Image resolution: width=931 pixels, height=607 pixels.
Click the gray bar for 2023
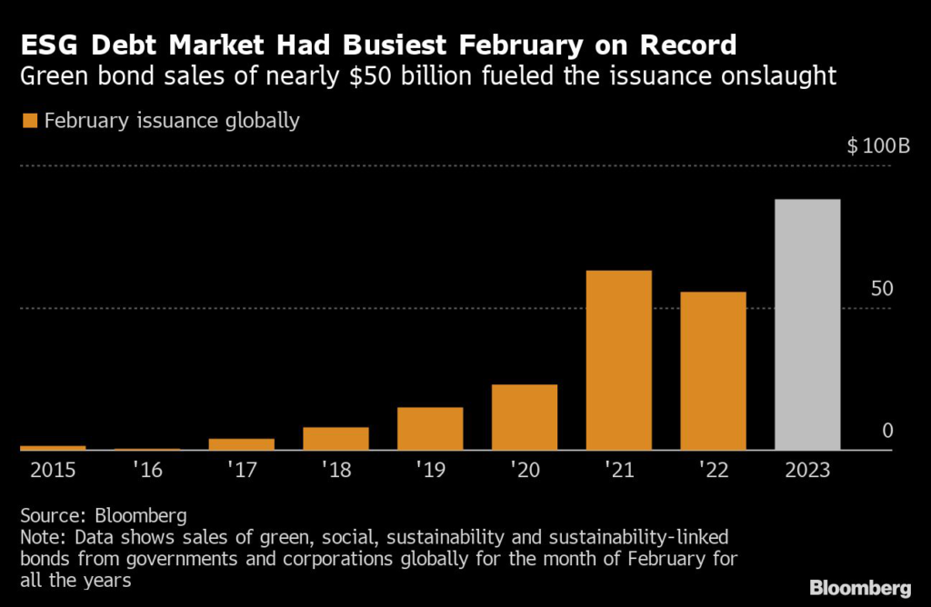tap(807, 324)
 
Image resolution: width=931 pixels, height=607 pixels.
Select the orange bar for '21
tap(618, 360)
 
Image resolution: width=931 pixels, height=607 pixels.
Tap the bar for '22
tap(713, 371)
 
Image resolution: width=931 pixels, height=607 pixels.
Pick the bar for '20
tap(524, 417)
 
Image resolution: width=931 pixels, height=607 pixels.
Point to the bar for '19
tap(430, 428)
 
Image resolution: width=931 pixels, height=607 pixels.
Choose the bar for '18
tap(335, 438)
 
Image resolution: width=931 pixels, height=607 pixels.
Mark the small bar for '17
tap(241, 443)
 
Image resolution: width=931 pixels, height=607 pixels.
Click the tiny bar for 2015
tap(53, 447)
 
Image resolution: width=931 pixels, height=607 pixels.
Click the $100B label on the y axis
tap(878, 146)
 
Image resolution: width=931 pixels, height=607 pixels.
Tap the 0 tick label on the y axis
tap(888, 431)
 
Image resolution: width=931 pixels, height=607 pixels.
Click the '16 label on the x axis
tap(146, 470)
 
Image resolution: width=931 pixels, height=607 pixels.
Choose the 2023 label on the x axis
tap(806, 470)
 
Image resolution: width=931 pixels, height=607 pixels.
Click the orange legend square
tap(29, 120)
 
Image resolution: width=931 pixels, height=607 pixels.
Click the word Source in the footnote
tap(50, 515)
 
